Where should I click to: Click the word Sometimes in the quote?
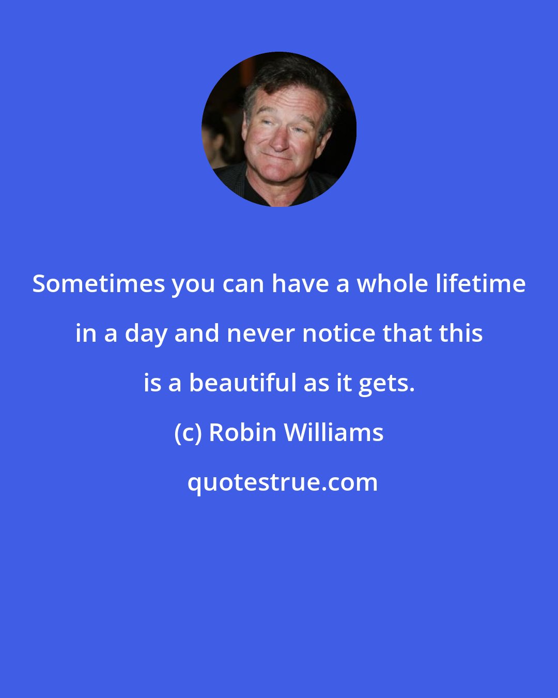98,284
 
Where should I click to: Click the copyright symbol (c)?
188,433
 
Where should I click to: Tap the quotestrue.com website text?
282,482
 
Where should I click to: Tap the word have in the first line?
304,284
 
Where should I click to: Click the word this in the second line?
461,335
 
